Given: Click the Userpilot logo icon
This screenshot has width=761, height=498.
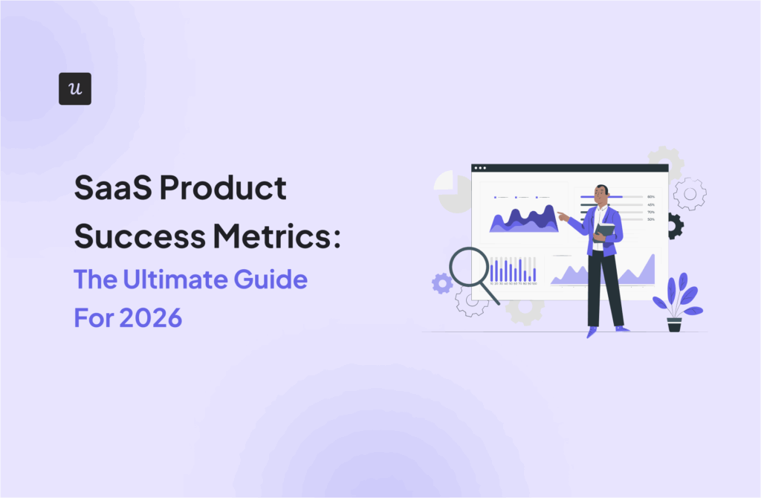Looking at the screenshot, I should [x=74, y=88].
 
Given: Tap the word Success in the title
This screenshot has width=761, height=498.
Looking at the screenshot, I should [x=126, y=235].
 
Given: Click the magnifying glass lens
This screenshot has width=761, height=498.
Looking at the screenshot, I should [x=468, y=267].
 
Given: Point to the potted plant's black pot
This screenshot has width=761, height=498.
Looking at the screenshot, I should [x=674, y=324].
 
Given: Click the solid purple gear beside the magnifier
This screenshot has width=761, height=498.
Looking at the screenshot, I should [x=441, y=283].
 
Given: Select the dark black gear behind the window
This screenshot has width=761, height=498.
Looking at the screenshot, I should [x=674, y=225].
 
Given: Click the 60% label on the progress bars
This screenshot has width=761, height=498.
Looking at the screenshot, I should [x=651, y=197].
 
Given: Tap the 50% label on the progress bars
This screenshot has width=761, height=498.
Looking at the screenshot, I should [x=651, y=219].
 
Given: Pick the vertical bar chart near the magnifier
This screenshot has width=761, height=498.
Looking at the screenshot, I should [x=513, y=270].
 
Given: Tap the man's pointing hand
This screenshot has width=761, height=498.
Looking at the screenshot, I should [x=561, y=216].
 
